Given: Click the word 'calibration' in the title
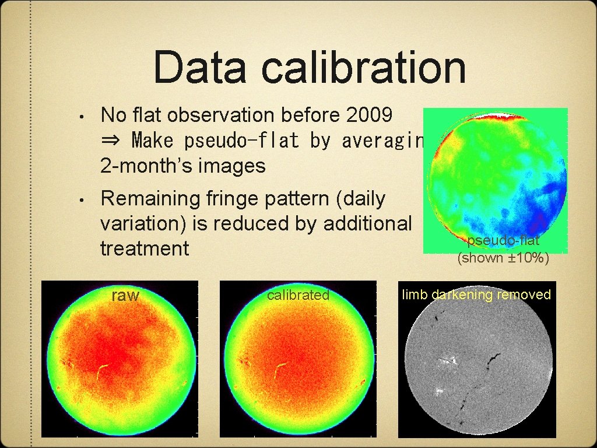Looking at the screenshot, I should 363,68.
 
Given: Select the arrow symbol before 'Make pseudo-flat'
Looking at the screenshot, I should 110,141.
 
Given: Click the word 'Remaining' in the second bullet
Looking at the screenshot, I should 149,199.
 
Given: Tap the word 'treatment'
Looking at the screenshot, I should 145,249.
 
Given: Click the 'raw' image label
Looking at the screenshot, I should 125,296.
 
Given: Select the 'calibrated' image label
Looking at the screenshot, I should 298,295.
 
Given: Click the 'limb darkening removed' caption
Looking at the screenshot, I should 476,295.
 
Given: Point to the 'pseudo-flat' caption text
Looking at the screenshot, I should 503,240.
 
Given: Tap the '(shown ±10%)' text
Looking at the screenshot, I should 503,257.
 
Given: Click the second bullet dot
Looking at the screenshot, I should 84,200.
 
